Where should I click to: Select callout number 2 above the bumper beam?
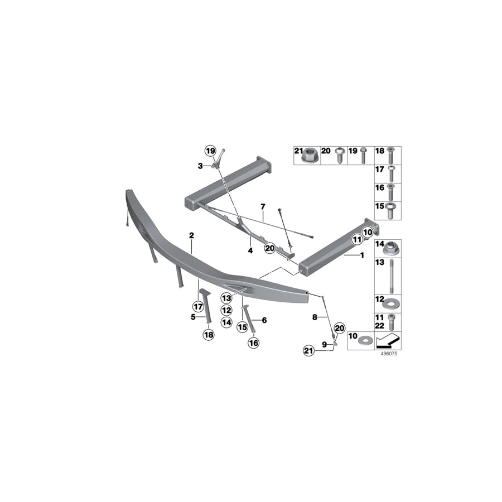(191, 235)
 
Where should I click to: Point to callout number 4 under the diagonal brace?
(250, 250)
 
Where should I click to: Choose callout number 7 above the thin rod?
(263, 207)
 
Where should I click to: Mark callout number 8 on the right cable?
(315, 317)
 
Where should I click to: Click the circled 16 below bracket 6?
(254, 344)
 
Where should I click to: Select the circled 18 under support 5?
(208, 335)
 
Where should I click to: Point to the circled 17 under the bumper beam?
(198, 306)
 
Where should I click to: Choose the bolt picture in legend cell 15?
(390, 210)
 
